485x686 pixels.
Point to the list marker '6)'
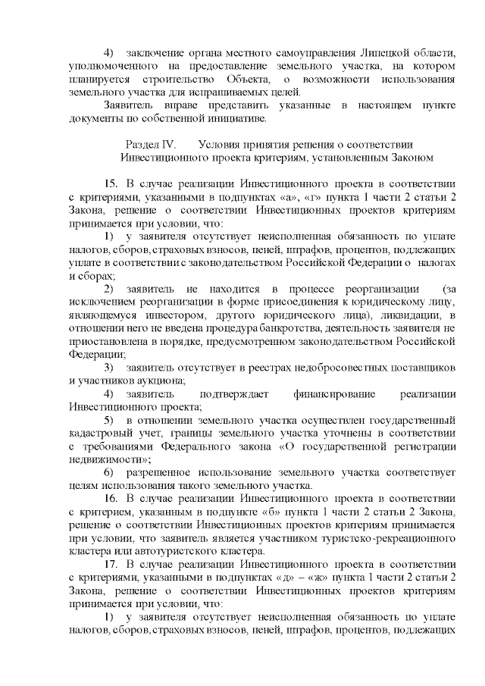click(108, 472)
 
